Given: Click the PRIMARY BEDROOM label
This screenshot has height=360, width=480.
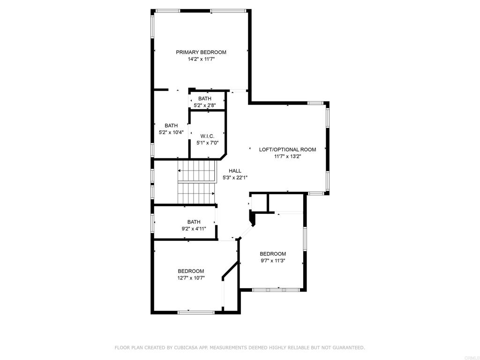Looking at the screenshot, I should click(201, 52).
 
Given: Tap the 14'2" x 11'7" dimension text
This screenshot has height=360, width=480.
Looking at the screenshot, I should click(201, 59).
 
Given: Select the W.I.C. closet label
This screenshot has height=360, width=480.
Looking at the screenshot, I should click(207, 136).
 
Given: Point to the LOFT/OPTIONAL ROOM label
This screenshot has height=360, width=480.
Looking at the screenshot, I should click(287, 150).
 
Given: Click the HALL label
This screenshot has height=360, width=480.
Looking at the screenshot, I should click(235, 171).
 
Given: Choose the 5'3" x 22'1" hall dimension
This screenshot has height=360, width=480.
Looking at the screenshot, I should click(235, 178).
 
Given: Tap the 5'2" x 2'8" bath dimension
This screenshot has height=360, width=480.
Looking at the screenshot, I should click(204, 105).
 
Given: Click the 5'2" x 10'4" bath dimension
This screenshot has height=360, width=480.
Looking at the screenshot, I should click(171, 132).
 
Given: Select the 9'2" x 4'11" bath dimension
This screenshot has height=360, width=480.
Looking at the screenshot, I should click(194, 229).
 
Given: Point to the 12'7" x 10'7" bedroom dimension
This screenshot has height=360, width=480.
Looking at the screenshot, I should click(191, 278).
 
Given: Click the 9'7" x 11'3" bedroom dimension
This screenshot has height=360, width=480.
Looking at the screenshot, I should click(273, 261).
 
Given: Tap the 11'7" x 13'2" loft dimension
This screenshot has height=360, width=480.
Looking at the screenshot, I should click(287, 157).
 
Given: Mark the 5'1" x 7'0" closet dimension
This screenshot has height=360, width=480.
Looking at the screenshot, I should click(207, 143).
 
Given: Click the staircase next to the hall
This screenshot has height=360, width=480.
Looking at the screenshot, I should click(196, 183).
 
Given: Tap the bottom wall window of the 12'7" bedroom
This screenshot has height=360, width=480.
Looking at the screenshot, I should click(196, 312).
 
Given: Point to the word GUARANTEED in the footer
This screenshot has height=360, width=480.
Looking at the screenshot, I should click(348, 348).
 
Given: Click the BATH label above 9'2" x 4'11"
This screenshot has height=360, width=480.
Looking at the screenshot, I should click(194, 222).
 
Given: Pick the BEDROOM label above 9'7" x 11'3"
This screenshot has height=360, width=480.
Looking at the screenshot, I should click(273, 254).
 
